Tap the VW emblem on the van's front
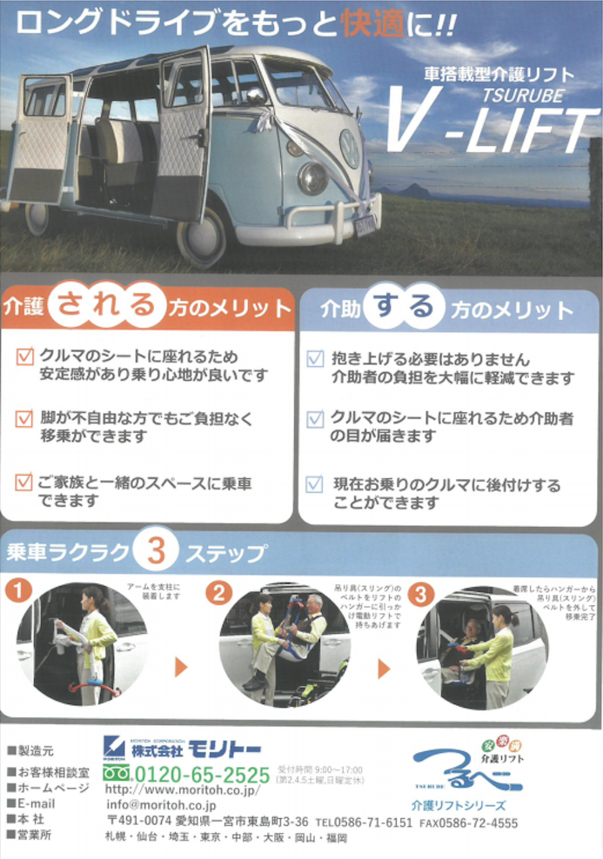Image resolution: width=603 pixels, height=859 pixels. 349,149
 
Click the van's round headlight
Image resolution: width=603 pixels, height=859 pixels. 312,178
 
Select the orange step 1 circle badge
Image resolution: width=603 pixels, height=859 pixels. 18,591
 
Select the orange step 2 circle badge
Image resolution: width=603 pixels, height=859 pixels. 219,593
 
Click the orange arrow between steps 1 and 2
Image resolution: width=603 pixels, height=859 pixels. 181,667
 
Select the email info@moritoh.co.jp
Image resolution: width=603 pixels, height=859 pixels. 165,806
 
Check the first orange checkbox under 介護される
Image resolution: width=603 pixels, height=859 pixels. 24,356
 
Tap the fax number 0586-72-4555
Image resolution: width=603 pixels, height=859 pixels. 481,822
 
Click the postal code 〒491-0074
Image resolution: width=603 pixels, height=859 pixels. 131,822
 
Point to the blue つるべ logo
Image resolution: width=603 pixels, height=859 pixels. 467,769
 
